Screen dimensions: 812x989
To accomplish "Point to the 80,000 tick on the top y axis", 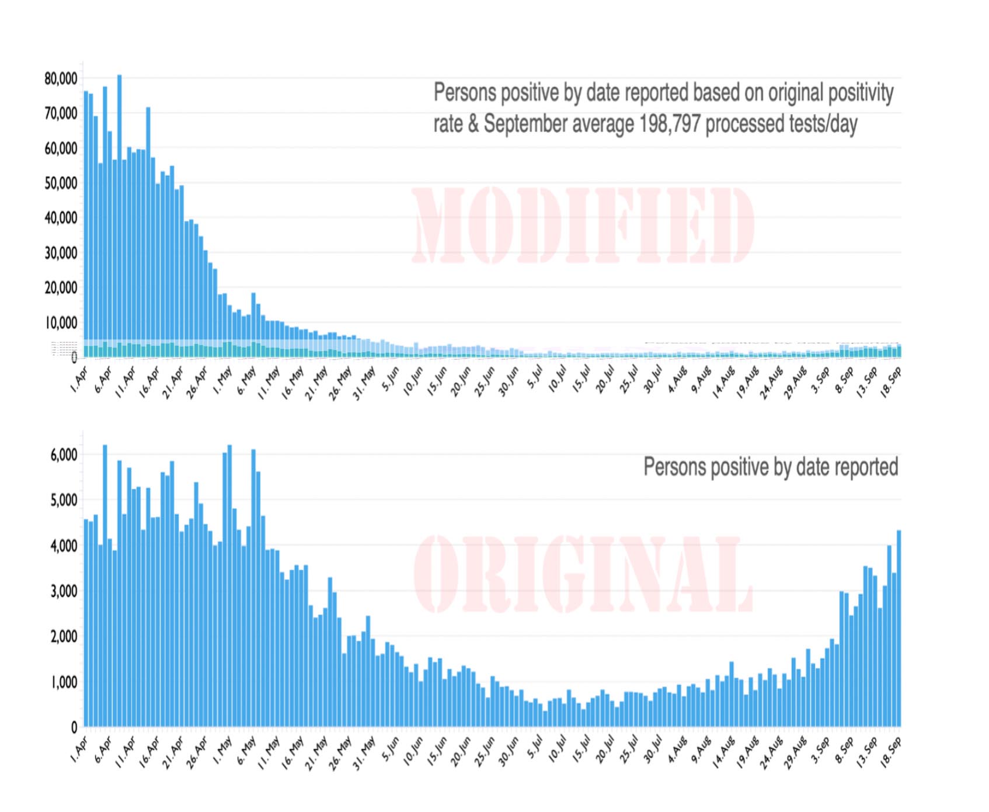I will [x=61, y=79].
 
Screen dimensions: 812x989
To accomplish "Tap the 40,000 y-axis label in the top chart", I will [x=61, y=218].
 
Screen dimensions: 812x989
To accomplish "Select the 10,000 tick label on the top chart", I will [x=61, y=323].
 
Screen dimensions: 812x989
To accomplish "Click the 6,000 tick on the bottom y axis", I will [x=64, y=455].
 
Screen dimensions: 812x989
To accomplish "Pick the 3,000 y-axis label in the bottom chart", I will [x=64, y=591].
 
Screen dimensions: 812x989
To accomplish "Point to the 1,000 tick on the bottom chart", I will [x=64, y=682].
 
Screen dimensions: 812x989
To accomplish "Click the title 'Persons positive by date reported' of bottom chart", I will [x=770, y=467].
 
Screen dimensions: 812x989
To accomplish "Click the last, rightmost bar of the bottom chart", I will [x=899, y=628].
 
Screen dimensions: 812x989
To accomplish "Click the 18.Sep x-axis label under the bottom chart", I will [x=891, y=751].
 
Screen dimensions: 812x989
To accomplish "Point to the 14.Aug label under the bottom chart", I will [x=723, y=752].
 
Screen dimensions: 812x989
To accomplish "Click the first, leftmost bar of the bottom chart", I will [x=86, y=623].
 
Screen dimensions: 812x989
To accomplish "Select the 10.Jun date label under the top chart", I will [x=413, y=380].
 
